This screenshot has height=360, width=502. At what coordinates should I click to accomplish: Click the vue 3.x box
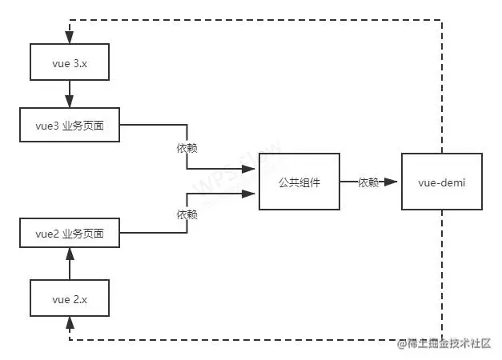click(x=70, y=62)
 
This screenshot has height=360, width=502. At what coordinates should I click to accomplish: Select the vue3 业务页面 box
click(x=70, y=126)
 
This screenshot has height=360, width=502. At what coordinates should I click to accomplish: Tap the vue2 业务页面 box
click(x=70, y=235)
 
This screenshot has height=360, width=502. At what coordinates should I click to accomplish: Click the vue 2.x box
click(x=70, y=299)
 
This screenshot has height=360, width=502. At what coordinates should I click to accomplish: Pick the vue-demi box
click(x=442, y=182)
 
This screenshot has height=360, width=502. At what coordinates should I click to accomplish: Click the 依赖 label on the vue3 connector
click(x=187, y=148)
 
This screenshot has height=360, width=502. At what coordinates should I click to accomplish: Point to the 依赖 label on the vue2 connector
click(x=187, y=214)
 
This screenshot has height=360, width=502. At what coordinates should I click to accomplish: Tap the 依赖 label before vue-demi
click(x=368, y=182)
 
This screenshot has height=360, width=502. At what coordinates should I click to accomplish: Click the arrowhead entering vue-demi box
click(x=393, y=182)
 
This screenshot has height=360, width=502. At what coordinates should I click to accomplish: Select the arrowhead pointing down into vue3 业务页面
click(x=70, y=102)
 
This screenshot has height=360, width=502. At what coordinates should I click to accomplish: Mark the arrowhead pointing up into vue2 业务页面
click(x=70, y=254)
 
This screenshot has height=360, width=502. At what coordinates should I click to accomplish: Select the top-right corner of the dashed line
click(x=442, y=20)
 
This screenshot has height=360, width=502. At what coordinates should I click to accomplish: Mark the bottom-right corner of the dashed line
click(x=442, y=339)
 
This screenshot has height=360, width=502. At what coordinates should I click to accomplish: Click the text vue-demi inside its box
click(x=442, y=183)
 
